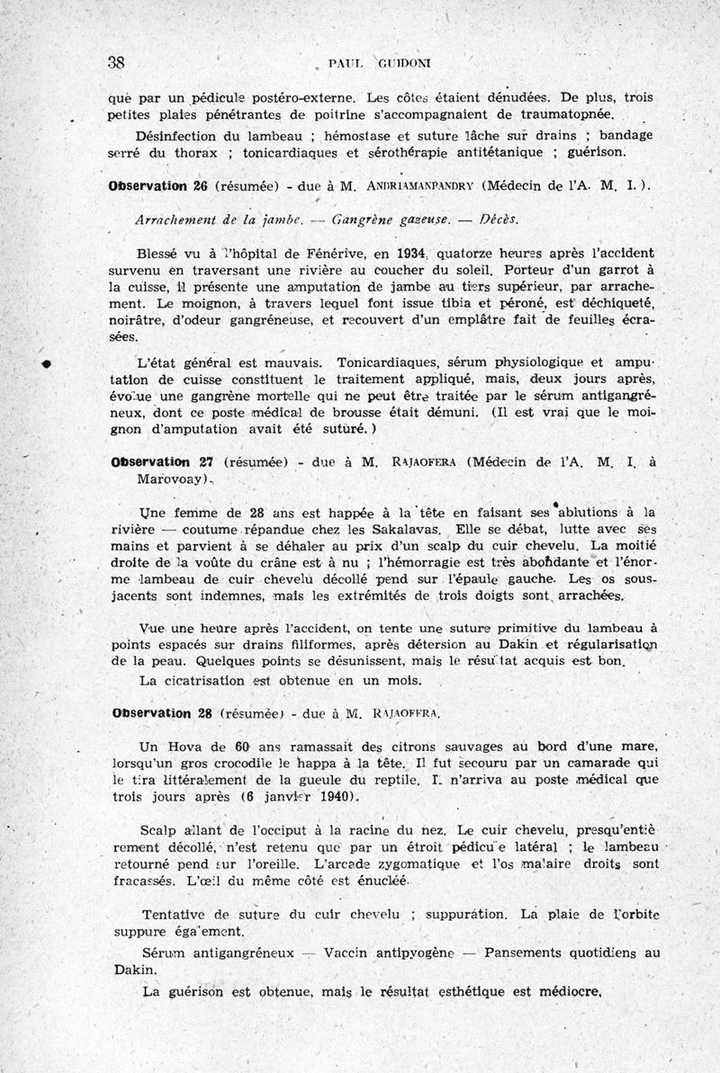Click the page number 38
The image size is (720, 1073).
(x=114, y=62)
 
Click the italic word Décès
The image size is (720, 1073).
(x=499, y=219)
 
